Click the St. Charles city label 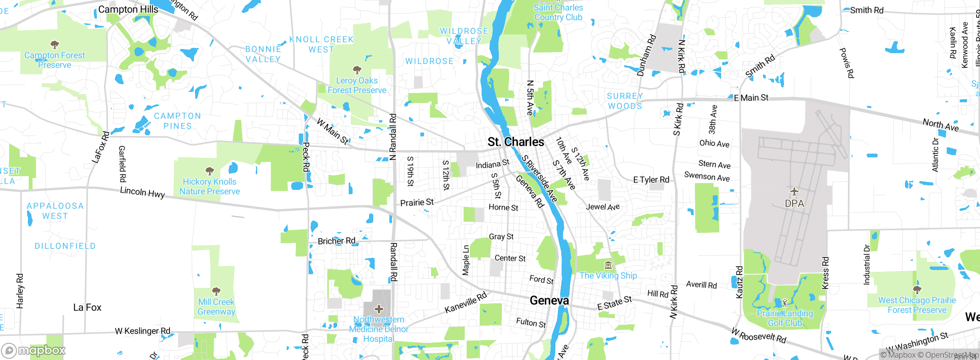tap(516, 142)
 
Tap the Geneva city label tap(549, 301)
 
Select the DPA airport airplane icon tap(794, 191)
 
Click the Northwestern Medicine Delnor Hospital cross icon tap(379, 309)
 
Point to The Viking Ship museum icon tap(608, 265)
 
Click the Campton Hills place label tap(128, 10)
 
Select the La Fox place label tap(87, 308)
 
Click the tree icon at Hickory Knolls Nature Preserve tap(209, 171)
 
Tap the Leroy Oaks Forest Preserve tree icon tap(357, 70)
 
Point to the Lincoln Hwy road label tap(142, 192)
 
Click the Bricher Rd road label tap(336, 241)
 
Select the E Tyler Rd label tap(651, 180)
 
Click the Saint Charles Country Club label tap(558, 12)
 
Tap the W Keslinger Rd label tap(142, 331)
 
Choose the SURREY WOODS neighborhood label tap(625, 101)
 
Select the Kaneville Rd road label tap(465, 303)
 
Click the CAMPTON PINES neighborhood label tap(177, 121)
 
